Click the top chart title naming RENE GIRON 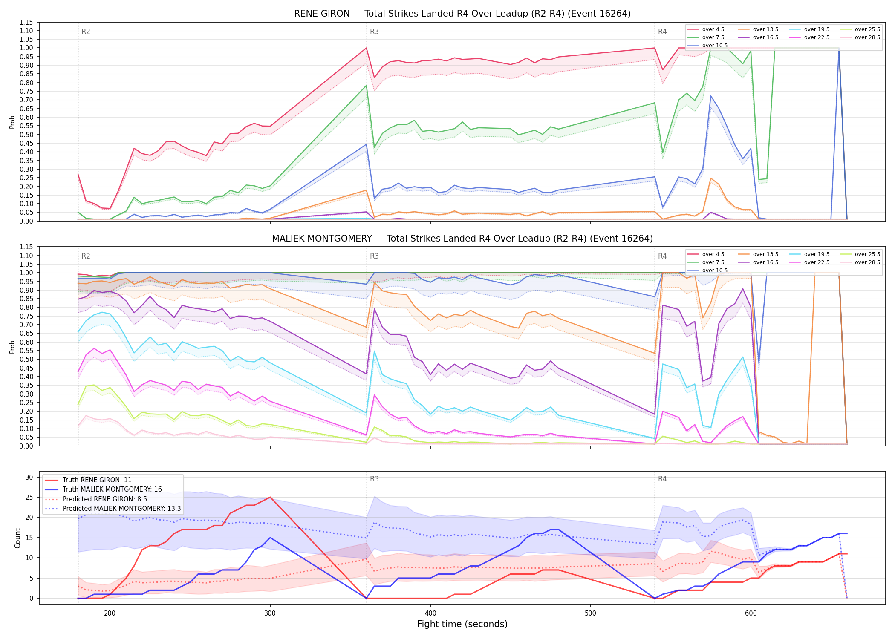[462, 14]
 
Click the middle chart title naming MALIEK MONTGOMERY [462, 239]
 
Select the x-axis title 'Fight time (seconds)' [462, 624]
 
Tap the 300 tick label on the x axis [270, 613]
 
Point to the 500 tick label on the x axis [591, 613]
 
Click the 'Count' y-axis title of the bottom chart [17, 538]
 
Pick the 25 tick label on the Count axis [29, 497]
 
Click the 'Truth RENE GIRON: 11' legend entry [97, 480]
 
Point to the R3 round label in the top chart [374, 32]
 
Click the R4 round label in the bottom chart [662, 479]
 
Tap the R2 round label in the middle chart [86, 256]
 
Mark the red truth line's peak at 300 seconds [270, 497]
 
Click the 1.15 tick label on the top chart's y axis [26, 22]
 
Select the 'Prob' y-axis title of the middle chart [12, 347]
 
